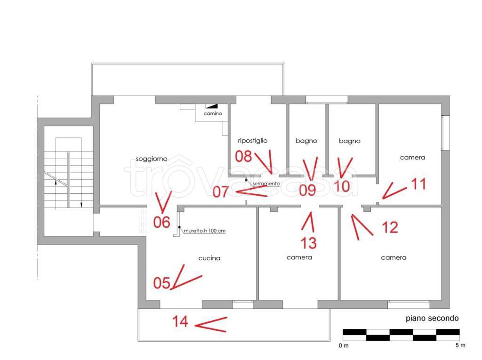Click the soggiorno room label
[x=152, y=159]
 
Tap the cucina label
[x=209, y=258]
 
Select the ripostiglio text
[x=253, y=141]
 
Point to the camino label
[x=213, y=113]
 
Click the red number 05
[x=162, y=283]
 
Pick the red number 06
[x=162, y=222]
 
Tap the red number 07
[x=221, y=192]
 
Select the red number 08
[x=243, y=156]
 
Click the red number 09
[x=307, y=190]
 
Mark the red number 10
[x=342, y=186]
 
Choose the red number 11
[x=418, y=184]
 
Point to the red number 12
[x=390, y=227]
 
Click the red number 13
[x=308, y=243]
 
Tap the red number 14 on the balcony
[x=180, y=321]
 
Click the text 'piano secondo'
[x=432, y=319]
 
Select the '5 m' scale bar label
[x=460, y=345]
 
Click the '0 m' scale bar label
[x=344, y=345]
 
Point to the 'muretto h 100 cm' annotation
[x=205, y=231]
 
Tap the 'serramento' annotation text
[x=266, y=184]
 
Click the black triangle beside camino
[x=213, y=106]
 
